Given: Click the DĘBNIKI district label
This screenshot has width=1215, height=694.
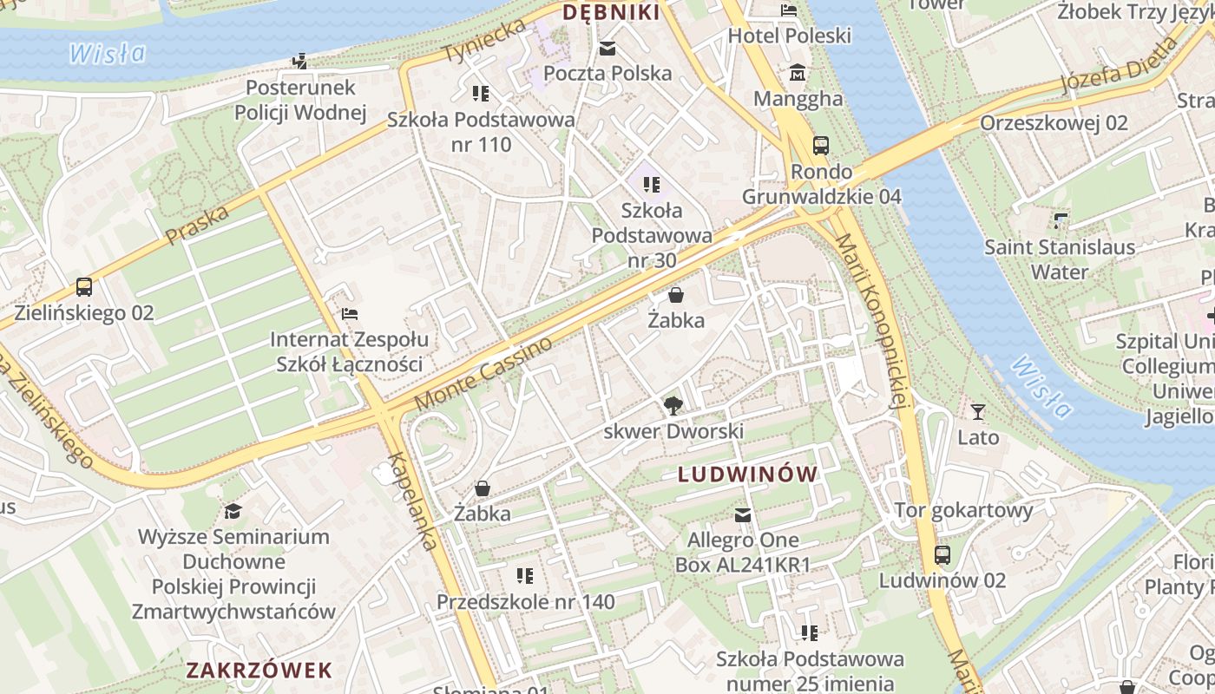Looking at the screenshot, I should [x=611, y=13].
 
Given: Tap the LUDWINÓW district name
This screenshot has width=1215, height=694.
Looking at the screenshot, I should [x=747, y=475].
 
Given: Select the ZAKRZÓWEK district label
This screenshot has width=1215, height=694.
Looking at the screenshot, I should [x=259, y=670].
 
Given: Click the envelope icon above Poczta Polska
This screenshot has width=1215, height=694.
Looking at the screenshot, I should [x=607, y=49].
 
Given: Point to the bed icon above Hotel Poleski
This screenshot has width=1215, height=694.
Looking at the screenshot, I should [x=788, y=10].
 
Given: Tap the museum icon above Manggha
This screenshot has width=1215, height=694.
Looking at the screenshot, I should [x=798, y=73].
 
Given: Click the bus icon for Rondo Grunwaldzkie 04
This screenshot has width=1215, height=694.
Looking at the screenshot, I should [x=820, y=145].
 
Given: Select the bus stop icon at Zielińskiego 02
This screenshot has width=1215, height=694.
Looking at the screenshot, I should [x=84, y=287].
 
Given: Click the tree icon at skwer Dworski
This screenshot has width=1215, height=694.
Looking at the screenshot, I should [x=673, y=405].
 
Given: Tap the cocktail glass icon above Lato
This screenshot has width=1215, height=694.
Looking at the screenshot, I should [x=978, y=412].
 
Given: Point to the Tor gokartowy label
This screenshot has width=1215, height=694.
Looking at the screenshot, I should [x=963, y=510].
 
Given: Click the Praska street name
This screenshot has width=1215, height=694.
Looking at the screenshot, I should [x=197, y=225].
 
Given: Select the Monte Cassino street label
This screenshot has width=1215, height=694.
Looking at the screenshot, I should [x=483, y=374].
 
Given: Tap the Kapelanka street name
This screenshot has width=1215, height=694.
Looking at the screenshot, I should [x=412, y=501].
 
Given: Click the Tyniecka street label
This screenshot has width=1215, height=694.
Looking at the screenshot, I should [x=484, y=40].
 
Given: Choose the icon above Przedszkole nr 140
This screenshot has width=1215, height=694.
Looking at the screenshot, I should [x=524, y=576].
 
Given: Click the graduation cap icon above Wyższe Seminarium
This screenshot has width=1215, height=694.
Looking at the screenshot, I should [x=233, y=511].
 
